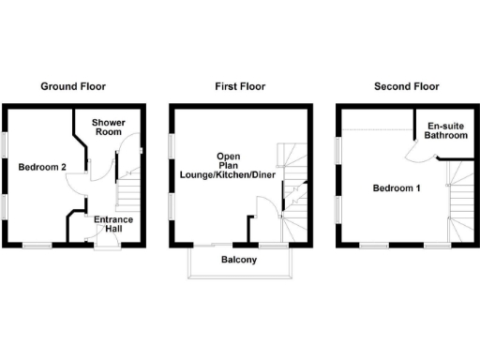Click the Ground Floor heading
pos(72,86)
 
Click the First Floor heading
pos(240,86)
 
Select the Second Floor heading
pos(406,86)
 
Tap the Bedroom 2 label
pos(41,167)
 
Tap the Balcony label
pos(239,260)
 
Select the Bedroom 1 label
pos(396,188)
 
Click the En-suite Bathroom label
pos(446,130)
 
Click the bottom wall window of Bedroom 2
pos(37,246)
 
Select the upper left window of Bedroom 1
pos(338,149)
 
